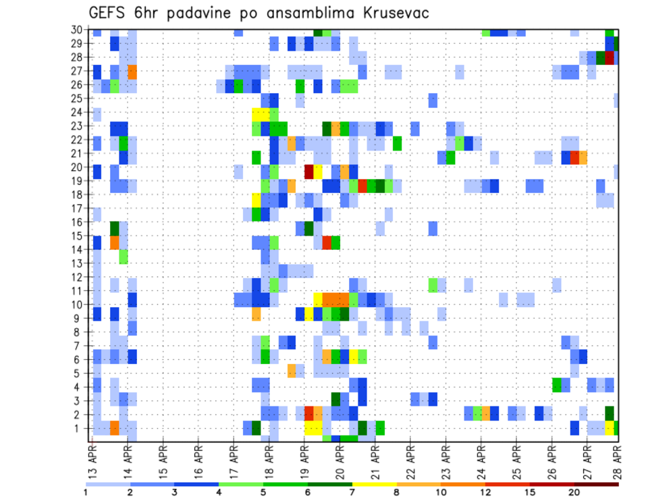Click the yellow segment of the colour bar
[x=374, y=484]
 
